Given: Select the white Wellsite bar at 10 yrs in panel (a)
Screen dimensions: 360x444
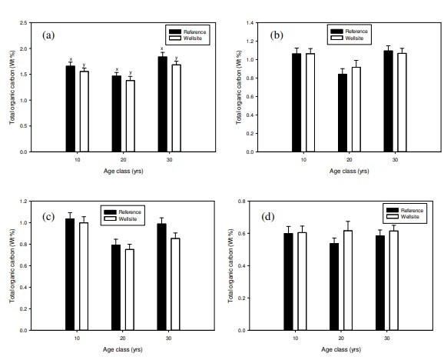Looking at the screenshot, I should (x=84, y=112).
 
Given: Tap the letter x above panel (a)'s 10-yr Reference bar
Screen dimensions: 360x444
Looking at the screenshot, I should (x=70, y=60).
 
